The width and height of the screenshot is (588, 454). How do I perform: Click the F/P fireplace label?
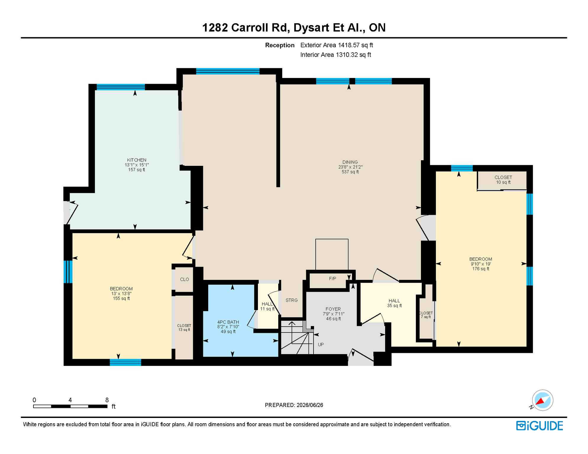(332, 278)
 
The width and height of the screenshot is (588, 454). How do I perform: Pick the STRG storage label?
(292, 300)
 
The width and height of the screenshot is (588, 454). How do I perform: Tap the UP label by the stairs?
(321, 344)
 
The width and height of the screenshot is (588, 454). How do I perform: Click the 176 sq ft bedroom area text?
(481, 269)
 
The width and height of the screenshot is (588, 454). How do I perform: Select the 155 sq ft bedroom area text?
(121, 299)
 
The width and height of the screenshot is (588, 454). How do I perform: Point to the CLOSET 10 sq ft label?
(503, 180)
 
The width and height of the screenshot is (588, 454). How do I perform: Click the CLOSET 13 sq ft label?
(184, 327)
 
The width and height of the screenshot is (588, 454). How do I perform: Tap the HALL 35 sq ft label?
(394, 303)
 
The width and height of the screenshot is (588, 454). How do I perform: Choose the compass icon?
(542, 400)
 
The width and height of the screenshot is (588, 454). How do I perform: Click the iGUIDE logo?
(539, 426)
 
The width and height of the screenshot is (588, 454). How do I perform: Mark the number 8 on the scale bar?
(107, 400)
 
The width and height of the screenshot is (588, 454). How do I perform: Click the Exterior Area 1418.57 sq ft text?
(337, 45)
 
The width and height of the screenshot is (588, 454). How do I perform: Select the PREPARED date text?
(294, 405)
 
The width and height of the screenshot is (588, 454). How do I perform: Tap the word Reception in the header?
(280, 45)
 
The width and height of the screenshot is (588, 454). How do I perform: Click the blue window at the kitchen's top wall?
(121, 87)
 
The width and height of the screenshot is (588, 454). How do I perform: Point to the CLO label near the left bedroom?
(185, 279)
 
